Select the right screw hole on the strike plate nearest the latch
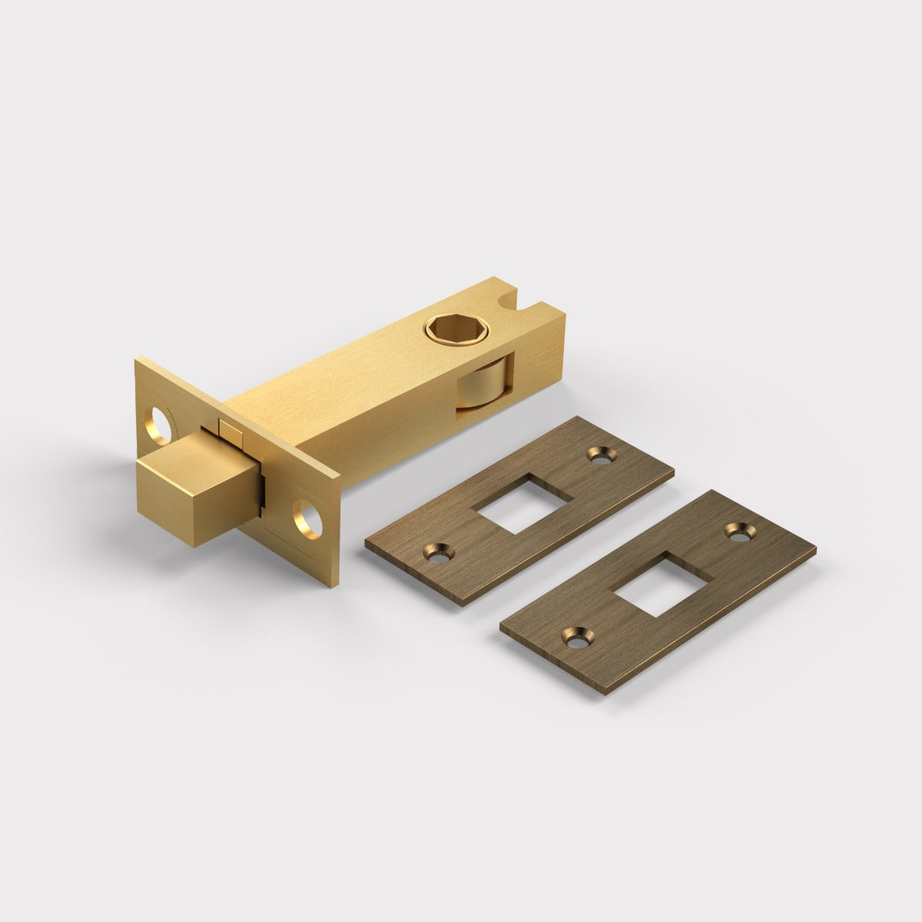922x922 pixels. (x=599, y=455)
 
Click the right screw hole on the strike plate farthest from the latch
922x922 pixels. (x=739, y=530)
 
